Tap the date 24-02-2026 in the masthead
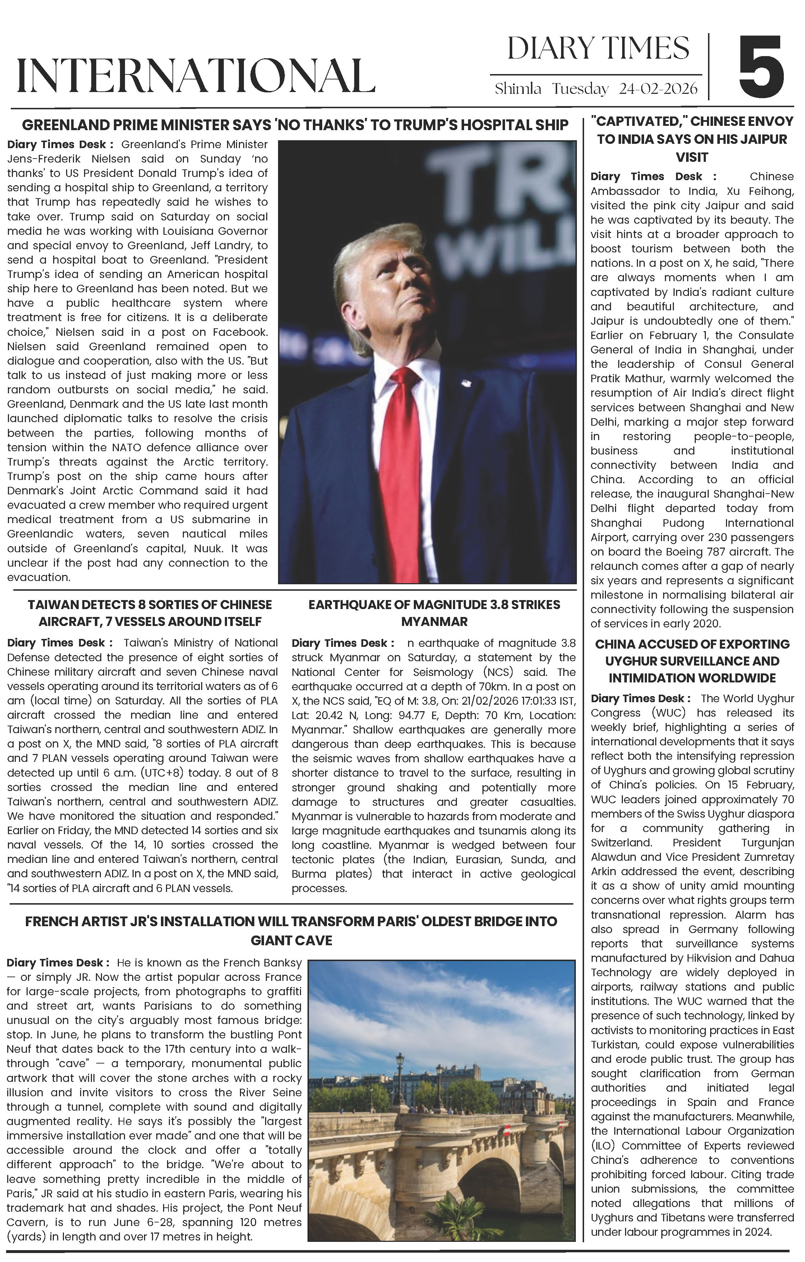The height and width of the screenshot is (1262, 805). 658,88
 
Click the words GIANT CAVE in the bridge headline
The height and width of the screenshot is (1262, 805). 291,940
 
